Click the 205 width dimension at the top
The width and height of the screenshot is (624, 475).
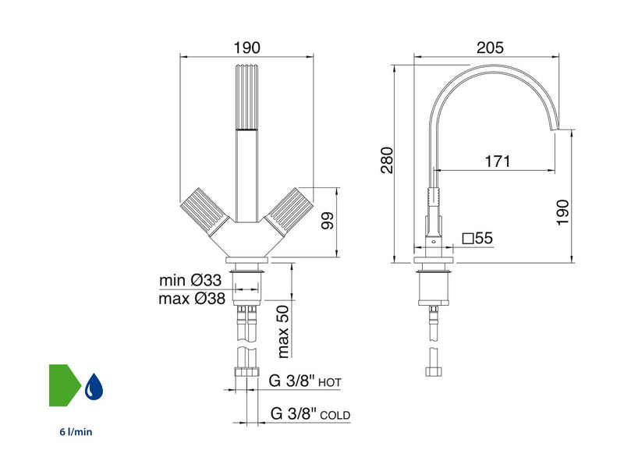[x=490, y=48]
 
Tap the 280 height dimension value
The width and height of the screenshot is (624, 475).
[x=387, y=161]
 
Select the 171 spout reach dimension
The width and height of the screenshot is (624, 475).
[x=498, y=161]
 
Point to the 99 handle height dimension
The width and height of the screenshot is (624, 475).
[x=328, y=221]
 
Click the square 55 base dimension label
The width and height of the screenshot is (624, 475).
[x=477, y=239]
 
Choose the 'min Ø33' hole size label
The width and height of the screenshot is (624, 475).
[x=190, y=280]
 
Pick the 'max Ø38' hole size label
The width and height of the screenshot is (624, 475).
[x=192, y=299]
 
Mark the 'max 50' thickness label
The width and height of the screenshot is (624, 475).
[x=282, y=331]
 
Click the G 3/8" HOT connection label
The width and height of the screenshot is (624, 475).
[x=305, y=381]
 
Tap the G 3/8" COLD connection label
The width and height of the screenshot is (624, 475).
[x=310, y=413]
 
